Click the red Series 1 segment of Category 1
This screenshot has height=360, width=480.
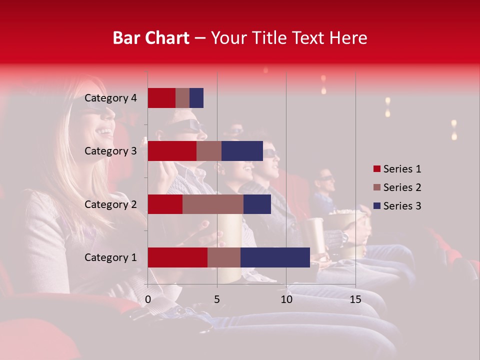pos(177,257)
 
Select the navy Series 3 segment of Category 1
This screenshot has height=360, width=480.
pos(275,257)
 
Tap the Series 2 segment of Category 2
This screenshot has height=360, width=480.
pos(213,204)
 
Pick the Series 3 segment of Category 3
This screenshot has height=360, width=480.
pos(242,151)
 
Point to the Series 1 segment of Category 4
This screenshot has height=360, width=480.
pos(161,98)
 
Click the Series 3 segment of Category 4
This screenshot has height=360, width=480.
pos(196,98)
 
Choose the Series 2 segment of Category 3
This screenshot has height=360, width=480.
pos(209,151)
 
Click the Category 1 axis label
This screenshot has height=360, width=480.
pos(110,257)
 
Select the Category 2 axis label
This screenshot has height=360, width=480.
pos(110,204)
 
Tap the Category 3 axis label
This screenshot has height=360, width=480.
pos(110,151)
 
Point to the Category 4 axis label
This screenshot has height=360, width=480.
pos(110,98)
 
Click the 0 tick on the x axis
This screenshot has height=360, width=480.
pos(148,299)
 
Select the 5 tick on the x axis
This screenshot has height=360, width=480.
pos(217,299)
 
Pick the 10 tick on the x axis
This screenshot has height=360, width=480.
pos(286,299)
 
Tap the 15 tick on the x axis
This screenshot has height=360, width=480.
pos(355,299)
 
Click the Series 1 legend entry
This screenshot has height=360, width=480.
pos(397,169)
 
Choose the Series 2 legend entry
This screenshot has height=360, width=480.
pos(397,187)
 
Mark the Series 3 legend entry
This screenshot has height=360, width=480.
pos(397,206)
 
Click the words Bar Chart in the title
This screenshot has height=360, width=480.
pos(151,38)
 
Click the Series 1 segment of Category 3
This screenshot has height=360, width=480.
pos(172,151)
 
